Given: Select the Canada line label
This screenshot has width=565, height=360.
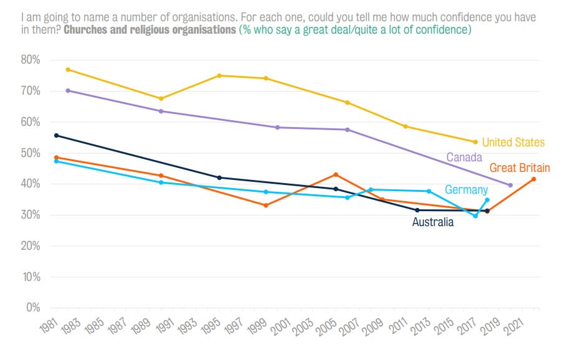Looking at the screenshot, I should pyautogui.click(x=463, y=157).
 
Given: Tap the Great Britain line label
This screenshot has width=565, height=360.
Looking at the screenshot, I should pyautogui.click(x=520, y=168).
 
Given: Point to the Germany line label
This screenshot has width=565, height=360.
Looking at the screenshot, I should pyautogui.click(x=465, y=190).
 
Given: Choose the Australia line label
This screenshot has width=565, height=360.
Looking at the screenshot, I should pyautogui.click(x=433, y=222).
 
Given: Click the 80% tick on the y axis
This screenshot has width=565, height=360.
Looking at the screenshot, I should pyautogui.click(x=31, y=60).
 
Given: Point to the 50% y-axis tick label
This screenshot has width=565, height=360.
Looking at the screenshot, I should pyautogui.click(x=31, y=153).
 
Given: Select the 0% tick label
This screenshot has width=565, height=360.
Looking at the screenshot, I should pyautogui.click(x=32, y=308).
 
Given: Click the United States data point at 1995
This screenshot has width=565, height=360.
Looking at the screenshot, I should pyautogui.click(x=219, y=75).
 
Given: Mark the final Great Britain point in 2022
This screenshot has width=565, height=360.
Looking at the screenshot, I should pyautogui.click(x=534, y=179).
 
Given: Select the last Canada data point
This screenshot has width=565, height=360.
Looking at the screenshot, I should pyautogui.click(x=510, y=185).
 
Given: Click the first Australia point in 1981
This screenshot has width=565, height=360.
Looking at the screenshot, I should pyautogui.click(x=56, y=135).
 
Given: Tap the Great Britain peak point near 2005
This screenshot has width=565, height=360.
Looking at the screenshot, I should pyautogui.click(x=336, y=174).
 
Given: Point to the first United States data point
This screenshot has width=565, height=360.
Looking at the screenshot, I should pyautogui.click(x=68, y=69).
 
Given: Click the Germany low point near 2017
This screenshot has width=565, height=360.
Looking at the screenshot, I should pyautogui.click(x=475, y=216).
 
